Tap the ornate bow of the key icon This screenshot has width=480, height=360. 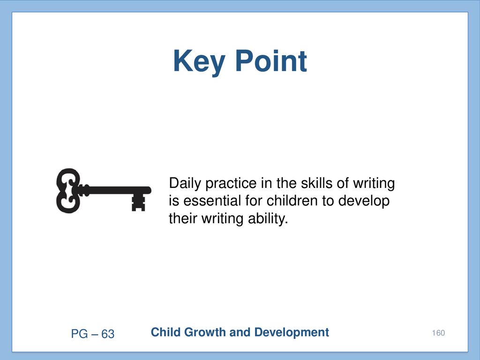point(68,190)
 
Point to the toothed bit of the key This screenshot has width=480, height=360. point(138,202)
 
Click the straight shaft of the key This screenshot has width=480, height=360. point(116,190)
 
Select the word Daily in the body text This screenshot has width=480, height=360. point(185,184)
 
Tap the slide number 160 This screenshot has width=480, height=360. point(438,333)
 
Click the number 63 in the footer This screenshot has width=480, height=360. point(108,334)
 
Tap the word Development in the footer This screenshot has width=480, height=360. point(292,333)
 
